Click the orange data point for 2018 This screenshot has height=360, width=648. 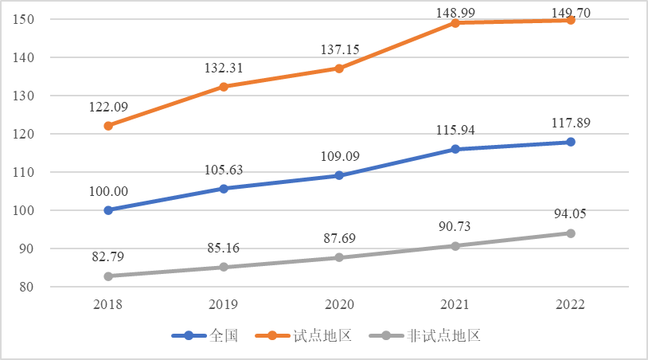[x=108, y=126]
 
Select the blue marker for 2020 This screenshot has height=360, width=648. [x=339, y=175]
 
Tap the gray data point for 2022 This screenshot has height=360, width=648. [x=571, y=233]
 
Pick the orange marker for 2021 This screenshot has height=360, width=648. [x=455, y=23]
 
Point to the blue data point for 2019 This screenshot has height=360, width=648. [x=224, y=189]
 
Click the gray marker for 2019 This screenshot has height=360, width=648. [x=224, y=267]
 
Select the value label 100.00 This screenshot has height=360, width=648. [x=109, y=192]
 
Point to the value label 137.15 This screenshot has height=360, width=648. [x=340, y=50]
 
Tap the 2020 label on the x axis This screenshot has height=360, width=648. [x=340, y=305]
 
